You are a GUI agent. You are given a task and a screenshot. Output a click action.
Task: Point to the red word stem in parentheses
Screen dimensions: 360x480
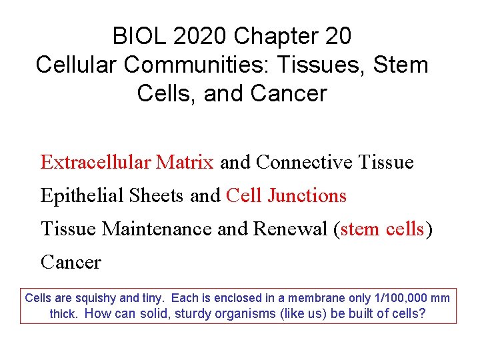click(x=361, y=229)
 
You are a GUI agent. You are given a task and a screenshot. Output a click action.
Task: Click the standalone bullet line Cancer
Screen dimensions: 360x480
click(x=71, y=262)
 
